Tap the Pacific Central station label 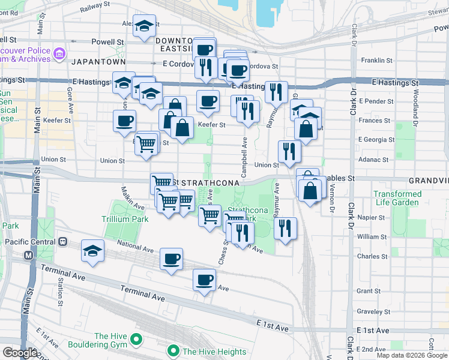[29, 241]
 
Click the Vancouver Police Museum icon [59, 55]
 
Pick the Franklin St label [377, 61]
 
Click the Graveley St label [373, 311]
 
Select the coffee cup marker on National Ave [171, 259]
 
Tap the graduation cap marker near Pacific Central [93, 251]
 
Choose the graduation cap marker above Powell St [144, 26]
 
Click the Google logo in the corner [20, 353]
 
